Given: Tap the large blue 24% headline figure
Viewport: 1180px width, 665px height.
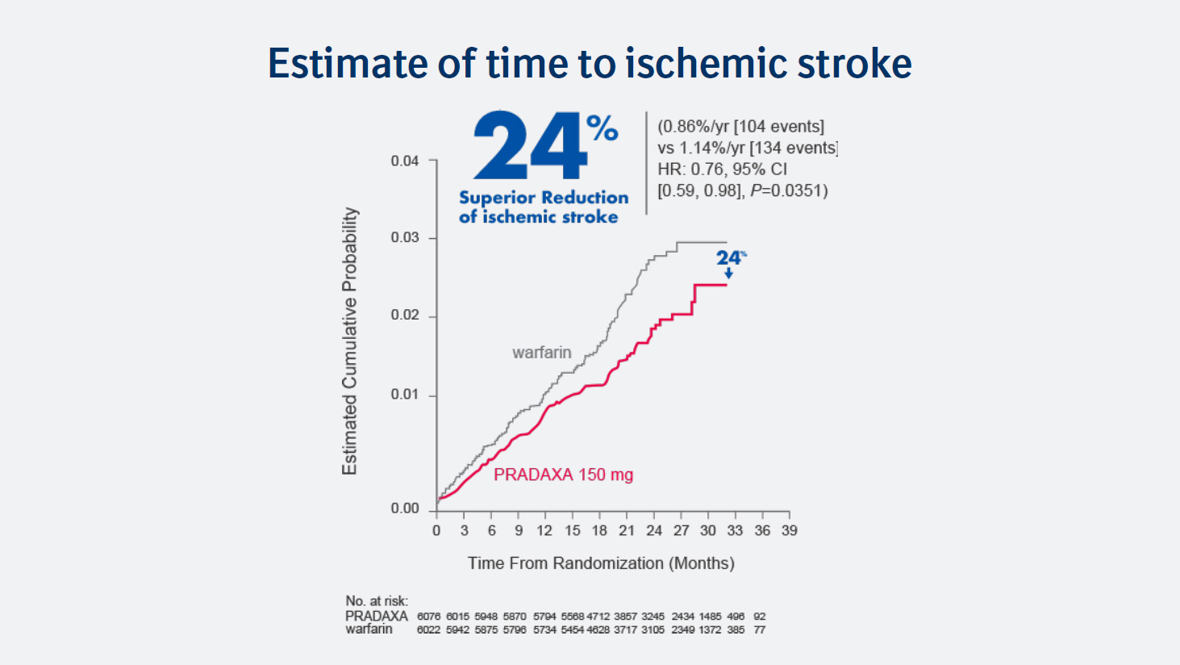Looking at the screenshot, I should (x=544, y=146).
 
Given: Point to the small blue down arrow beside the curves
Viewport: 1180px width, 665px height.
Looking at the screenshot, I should (x=728, y=274).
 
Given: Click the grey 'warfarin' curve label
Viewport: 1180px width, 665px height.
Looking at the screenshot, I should (x=541, y=353).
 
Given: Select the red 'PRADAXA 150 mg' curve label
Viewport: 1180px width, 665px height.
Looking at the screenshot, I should (x=563, y=475).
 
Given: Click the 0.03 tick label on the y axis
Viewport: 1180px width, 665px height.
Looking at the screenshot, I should (x=405, y=237).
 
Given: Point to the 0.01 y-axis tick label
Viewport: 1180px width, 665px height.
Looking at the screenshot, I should (x=405, y=395).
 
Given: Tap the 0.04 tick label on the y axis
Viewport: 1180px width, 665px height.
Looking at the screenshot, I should (x=405, y=161).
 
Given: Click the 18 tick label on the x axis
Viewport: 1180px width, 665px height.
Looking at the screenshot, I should (x=598, y=530).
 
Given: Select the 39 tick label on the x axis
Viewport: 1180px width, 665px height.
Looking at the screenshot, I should (x=789, y=530).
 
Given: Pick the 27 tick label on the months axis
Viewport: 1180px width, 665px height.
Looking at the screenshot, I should (x=681, y=530).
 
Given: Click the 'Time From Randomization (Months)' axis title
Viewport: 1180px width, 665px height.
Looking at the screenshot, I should (x=601, y=563).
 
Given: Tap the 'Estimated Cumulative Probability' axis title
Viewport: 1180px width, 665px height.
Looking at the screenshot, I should (x=349, y=341).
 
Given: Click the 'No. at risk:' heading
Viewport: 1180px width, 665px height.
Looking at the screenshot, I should (x=377, y=600).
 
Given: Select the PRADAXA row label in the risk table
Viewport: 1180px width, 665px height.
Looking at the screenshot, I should (x=376, y=616).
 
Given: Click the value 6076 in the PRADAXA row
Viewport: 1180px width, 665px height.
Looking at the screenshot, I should (x=428, y=617).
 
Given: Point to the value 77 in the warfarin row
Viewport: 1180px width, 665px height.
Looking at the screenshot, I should (x=759, y=629).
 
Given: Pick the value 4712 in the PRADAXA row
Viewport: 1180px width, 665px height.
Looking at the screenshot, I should (x=598, y=617).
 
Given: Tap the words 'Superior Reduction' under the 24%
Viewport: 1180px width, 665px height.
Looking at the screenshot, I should (x=544, y=198).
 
